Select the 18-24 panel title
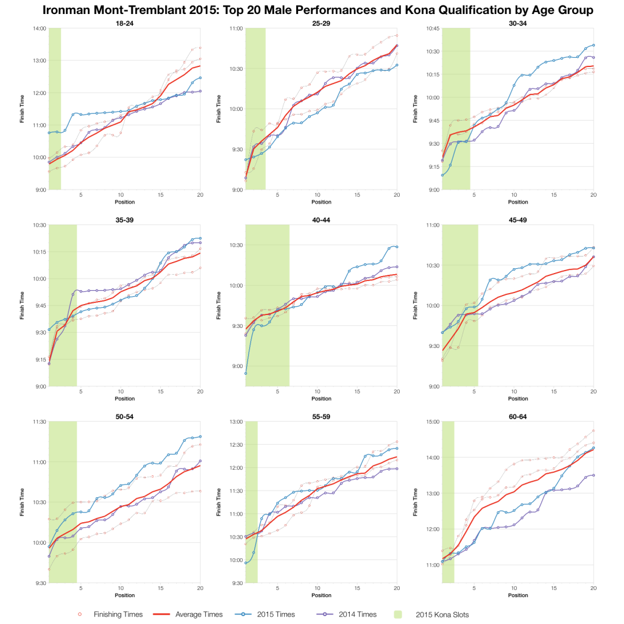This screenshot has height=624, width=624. coord(124,24)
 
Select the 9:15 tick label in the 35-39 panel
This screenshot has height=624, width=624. coord(40,360)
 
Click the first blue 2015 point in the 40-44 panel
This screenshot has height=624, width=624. coord(246,373)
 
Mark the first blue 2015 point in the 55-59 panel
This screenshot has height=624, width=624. coord(246,563)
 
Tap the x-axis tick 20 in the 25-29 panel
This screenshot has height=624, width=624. coord(397,196)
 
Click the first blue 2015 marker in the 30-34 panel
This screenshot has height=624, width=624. coord(442,175)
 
